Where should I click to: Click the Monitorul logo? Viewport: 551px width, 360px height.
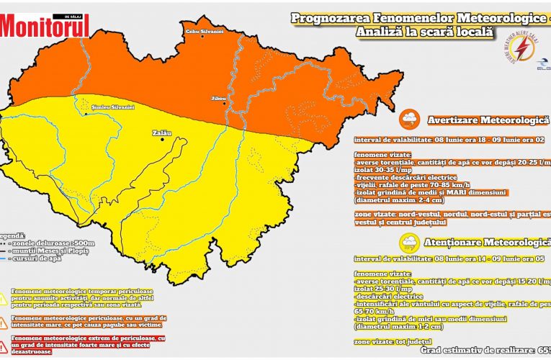[45, 25]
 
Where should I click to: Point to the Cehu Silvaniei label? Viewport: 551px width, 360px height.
[205, 32]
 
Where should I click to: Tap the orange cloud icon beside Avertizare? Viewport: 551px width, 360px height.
[408, 118]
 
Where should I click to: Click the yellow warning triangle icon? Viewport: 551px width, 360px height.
[4, 297]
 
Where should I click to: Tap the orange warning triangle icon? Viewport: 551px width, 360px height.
[4, 321]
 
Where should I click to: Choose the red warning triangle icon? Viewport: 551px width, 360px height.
[4, 345]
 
